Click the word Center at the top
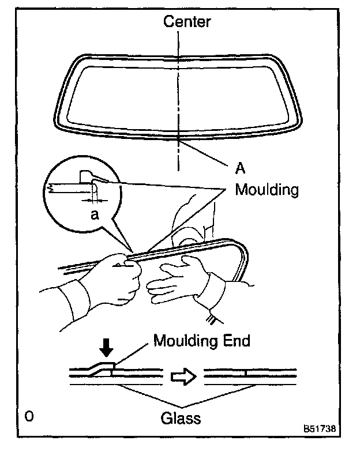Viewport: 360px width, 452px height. coord(187,22)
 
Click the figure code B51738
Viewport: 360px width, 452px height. coord(321,430)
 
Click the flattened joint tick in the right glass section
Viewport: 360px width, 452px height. coord(246,374)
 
